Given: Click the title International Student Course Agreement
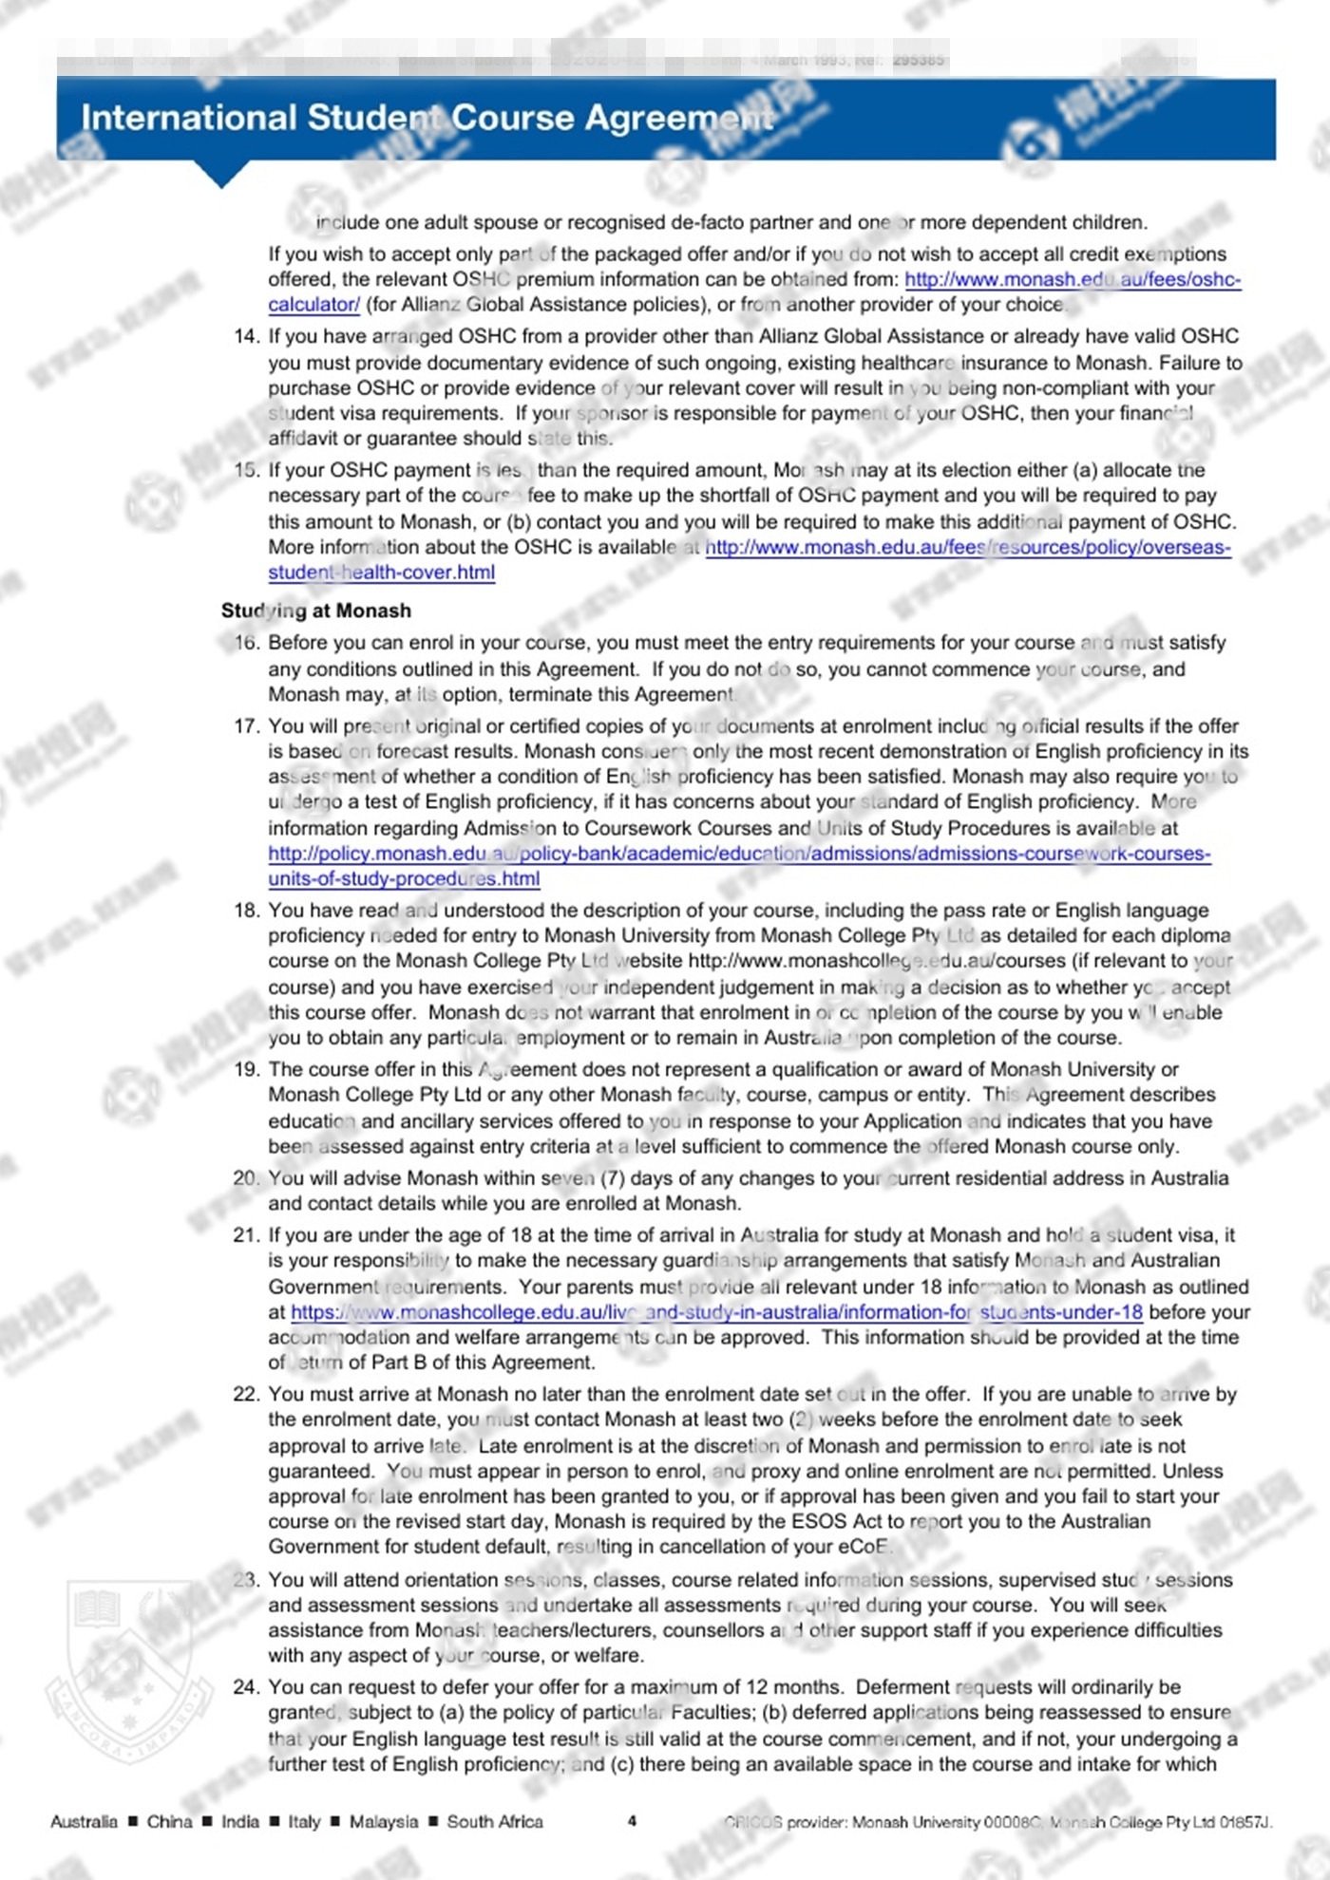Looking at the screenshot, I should (x=427, y=118).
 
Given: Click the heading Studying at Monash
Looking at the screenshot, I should (x=316, y=611).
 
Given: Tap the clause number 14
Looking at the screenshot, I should (x=246, y=336).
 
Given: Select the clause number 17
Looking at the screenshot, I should (x=246, y=726).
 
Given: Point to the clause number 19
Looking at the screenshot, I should (x=246, y=1069).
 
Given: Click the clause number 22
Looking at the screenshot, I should (x=246, y=1394).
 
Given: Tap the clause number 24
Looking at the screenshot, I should (x=246, y=1687).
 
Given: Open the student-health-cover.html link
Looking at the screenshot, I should (x=381, y=573).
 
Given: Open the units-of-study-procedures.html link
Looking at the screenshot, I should (x=404, y=878).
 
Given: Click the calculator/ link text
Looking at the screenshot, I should (x=313, y=305).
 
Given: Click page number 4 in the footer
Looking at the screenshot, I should (x=633, y=1821).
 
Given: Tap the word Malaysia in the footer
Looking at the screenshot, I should (x=383, y=1821).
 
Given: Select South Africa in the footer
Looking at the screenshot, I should (x=495, y=1821).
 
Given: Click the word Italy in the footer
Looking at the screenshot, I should (x=304, y=1821).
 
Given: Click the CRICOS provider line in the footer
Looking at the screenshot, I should (x=997, y=1822).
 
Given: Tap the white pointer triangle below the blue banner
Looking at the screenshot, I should (x=221, y=174).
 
